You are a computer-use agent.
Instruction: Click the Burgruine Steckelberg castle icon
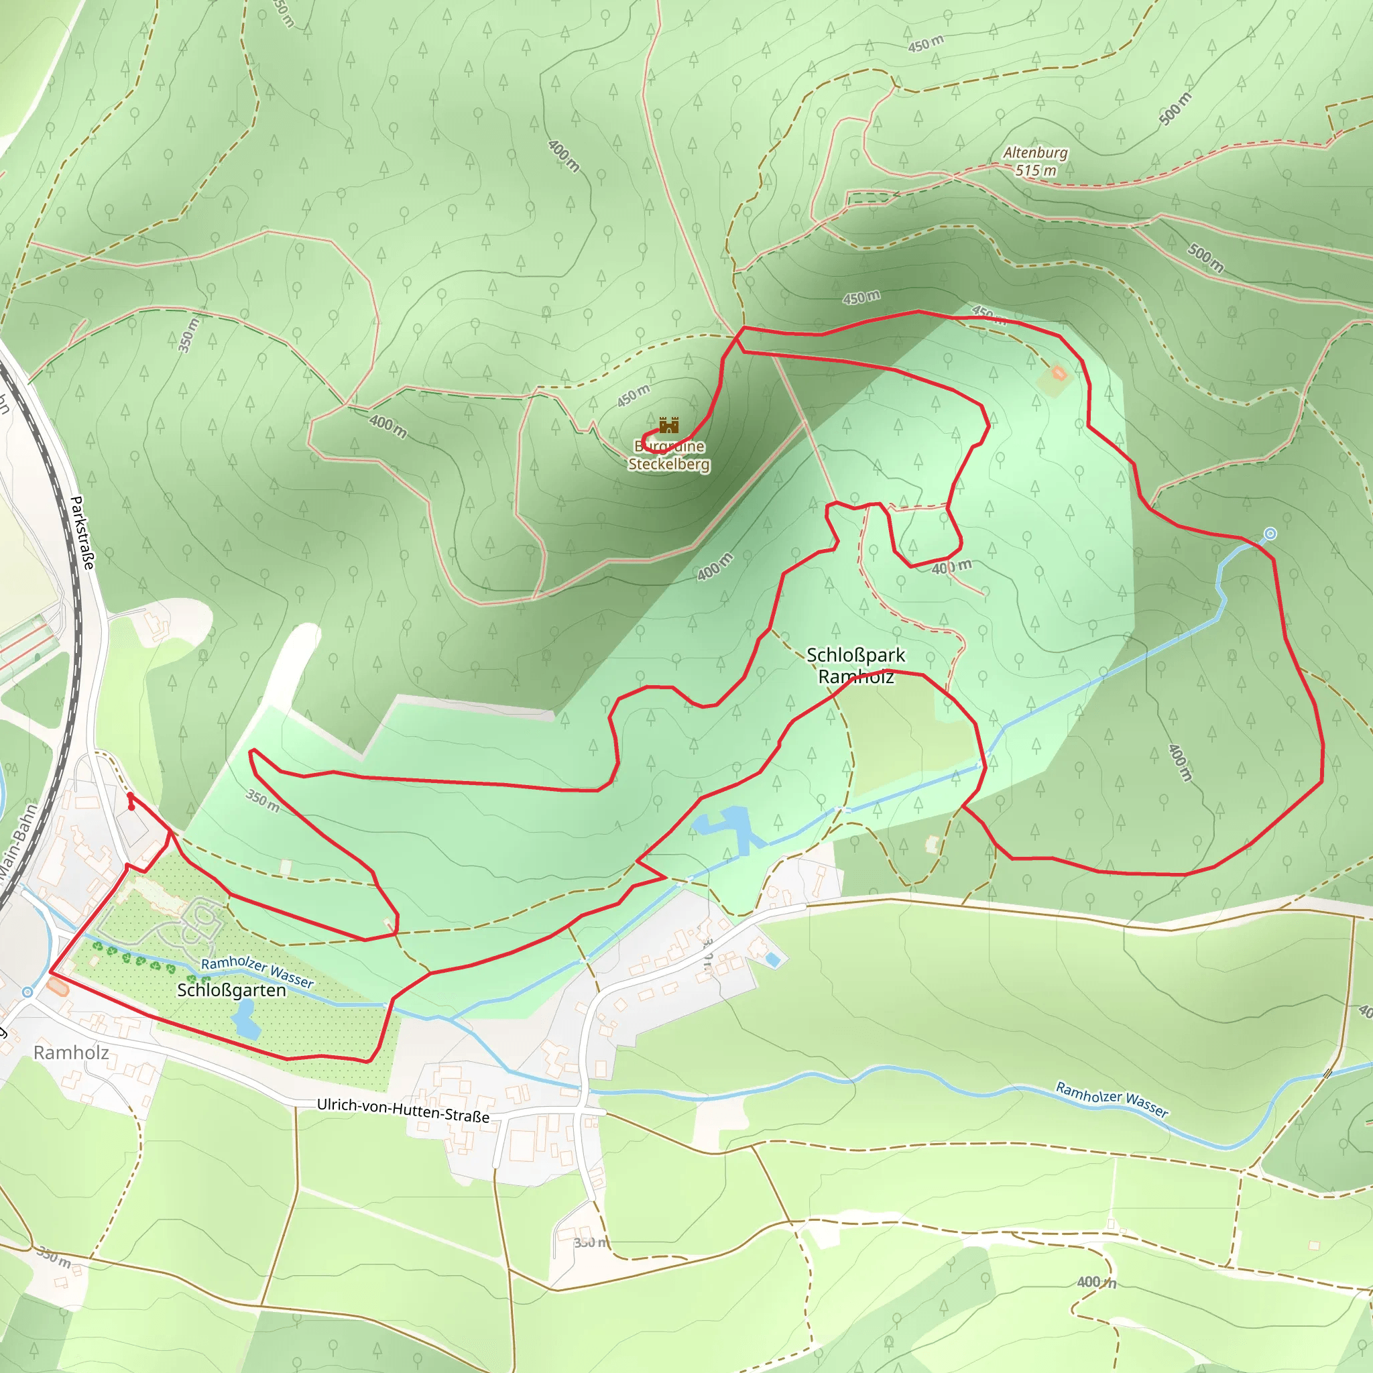668,425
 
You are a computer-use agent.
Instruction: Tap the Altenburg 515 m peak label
1034,162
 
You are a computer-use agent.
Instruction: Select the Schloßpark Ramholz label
855,665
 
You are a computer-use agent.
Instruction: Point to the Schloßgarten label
231,990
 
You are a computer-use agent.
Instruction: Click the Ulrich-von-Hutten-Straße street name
403,1110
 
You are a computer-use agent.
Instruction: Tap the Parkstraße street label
82,532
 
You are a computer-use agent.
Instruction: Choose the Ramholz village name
71,1053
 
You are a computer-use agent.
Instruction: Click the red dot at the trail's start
131,807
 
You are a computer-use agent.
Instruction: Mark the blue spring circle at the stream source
1270,534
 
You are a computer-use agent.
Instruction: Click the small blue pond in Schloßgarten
245,1018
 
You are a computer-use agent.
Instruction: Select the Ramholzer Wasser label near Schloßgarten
257,971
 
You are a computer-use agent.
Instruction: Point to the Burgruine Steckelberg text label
668,455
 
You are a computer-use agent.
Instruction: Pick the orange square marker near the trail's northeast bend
1059,373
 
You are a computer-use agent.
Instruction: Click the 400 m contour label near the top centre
564,156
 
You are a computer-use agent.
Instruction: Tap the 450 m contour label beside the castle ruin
632,395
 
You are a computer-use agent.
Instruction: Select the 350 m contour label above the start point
262,801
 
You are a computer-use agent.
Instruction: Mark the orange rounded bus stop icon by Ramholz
58,986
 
